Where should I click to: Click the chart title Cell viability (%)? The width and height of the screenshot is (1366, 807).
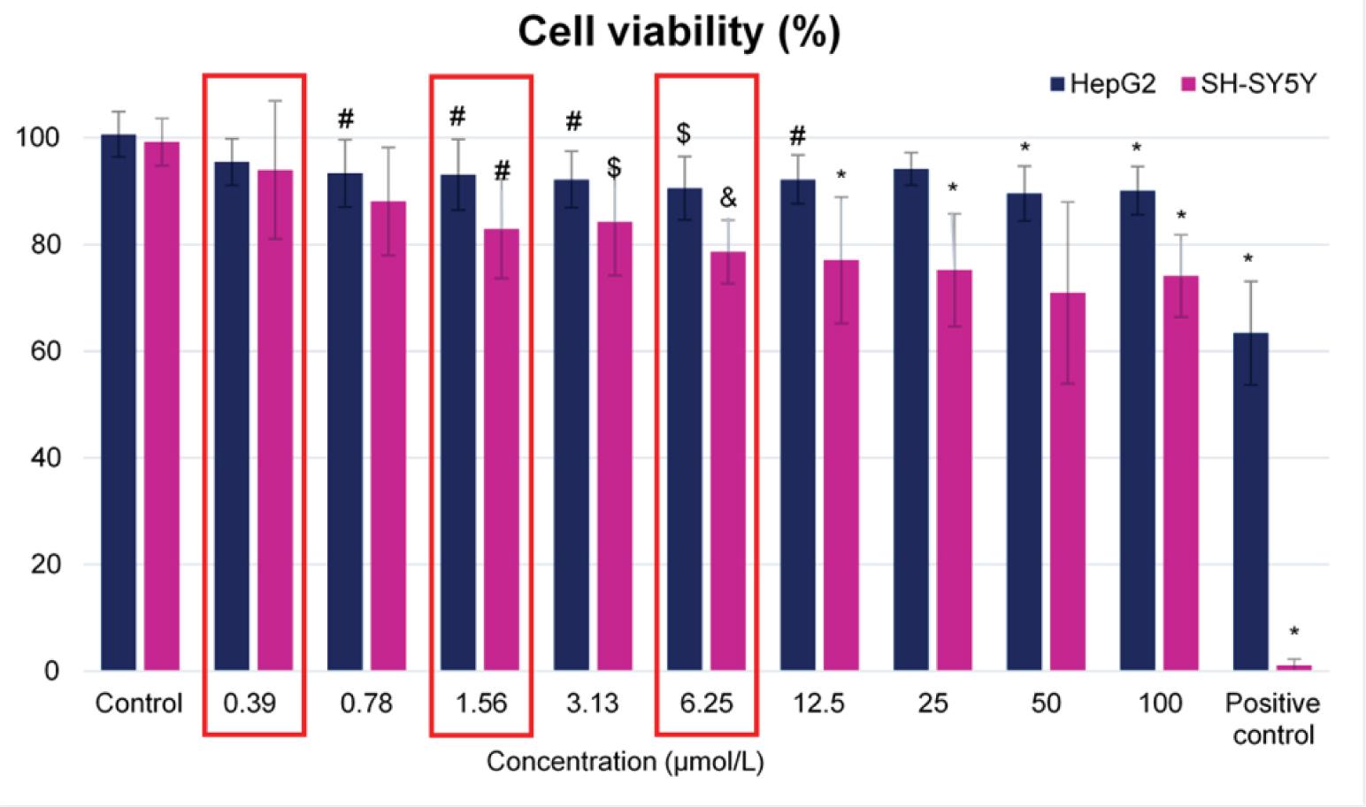tap(679, 33)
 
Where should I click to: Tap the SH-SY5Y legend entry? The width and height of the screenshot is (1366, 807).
tap(1247, 85)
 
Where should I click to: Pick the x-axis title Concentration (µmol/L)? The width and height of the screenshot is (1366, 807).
tap(625, 762)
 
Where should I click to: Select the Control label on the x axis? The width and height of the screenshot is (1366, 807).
tap(139, 703)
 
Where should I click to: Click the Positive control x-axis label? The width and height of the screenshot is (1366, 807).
tap(1272, 719)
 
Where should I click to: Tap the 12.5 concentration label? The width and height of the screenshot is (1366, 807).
tap(819, 703)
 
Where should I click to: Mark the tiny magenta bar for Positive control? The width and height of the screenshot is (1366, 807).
tap(1293, 667)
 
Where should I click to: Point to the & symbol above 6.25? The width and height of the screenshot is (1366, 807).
tap(728, 198)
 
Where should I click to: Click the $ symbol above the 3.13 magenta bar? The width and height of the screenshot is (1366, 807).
tap(614, 167)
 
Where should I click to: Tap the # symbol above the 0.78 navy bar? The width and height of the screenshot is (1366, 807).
tap(345, 119)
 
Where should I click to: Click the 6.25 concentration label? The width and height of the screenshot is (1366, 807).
tap(706, 703)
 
